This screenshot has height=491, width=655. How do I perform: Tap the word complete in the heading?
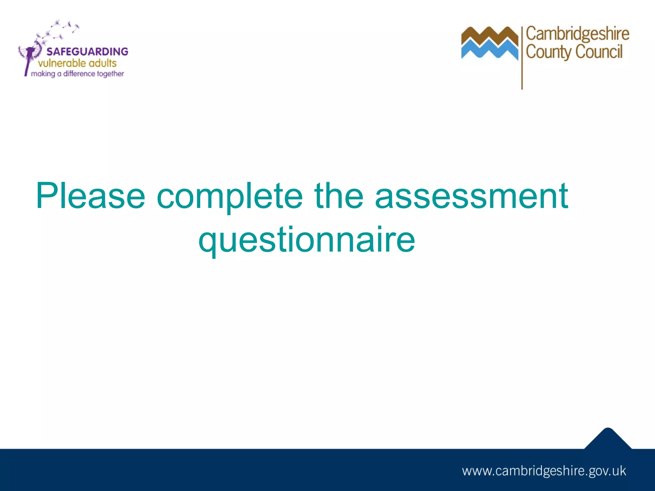230,196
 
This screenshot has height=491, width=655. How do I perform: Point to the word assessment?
471,196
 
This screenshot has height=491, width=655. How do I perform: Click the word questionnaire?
307,240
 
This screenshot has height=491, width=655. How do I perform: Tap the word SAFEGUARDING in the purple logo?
87,51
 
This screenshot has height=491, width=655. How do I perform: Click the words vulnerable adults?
77,63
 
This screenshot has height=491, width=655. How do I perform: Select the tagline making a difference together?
77,74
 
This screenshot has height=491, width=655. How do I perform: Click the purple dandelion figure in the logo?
30,56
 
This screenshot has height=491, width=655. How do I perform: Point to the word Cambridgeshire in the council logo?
578,34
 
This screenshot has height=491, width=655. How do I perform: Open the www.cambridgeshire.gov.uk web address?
544,471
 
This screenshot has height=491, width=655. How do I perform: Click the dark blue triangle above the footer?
608,440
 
